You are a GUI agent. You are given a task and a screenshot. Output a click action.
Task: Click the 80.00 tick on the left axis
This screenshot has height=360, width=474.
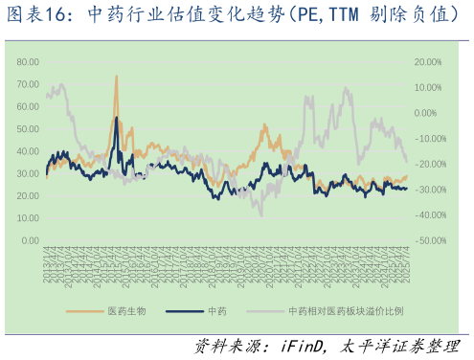(29, 61)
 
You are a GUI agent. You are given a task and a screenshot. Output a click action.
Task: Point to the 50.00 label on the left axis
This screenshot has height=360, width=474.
(29, 128)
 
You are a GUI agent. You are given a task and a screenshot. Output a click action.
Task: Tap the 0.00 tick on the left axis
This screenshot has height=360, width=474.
(31, 241)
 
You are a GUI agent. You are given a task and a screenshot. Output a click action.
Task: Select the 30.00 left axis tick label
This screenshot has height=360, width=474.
(29, 173)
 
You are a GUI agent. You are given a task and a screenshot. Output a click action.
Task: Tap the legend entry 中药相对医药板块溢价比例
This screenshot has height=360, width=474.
(346, 312)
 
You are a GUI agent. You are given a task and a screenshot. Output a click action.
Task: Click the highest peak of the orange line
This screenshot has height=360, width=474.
(116, 76)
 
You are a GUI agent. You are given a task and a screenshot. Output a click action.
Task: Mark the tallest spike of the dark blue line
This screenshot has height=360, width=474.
(116, 117)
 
